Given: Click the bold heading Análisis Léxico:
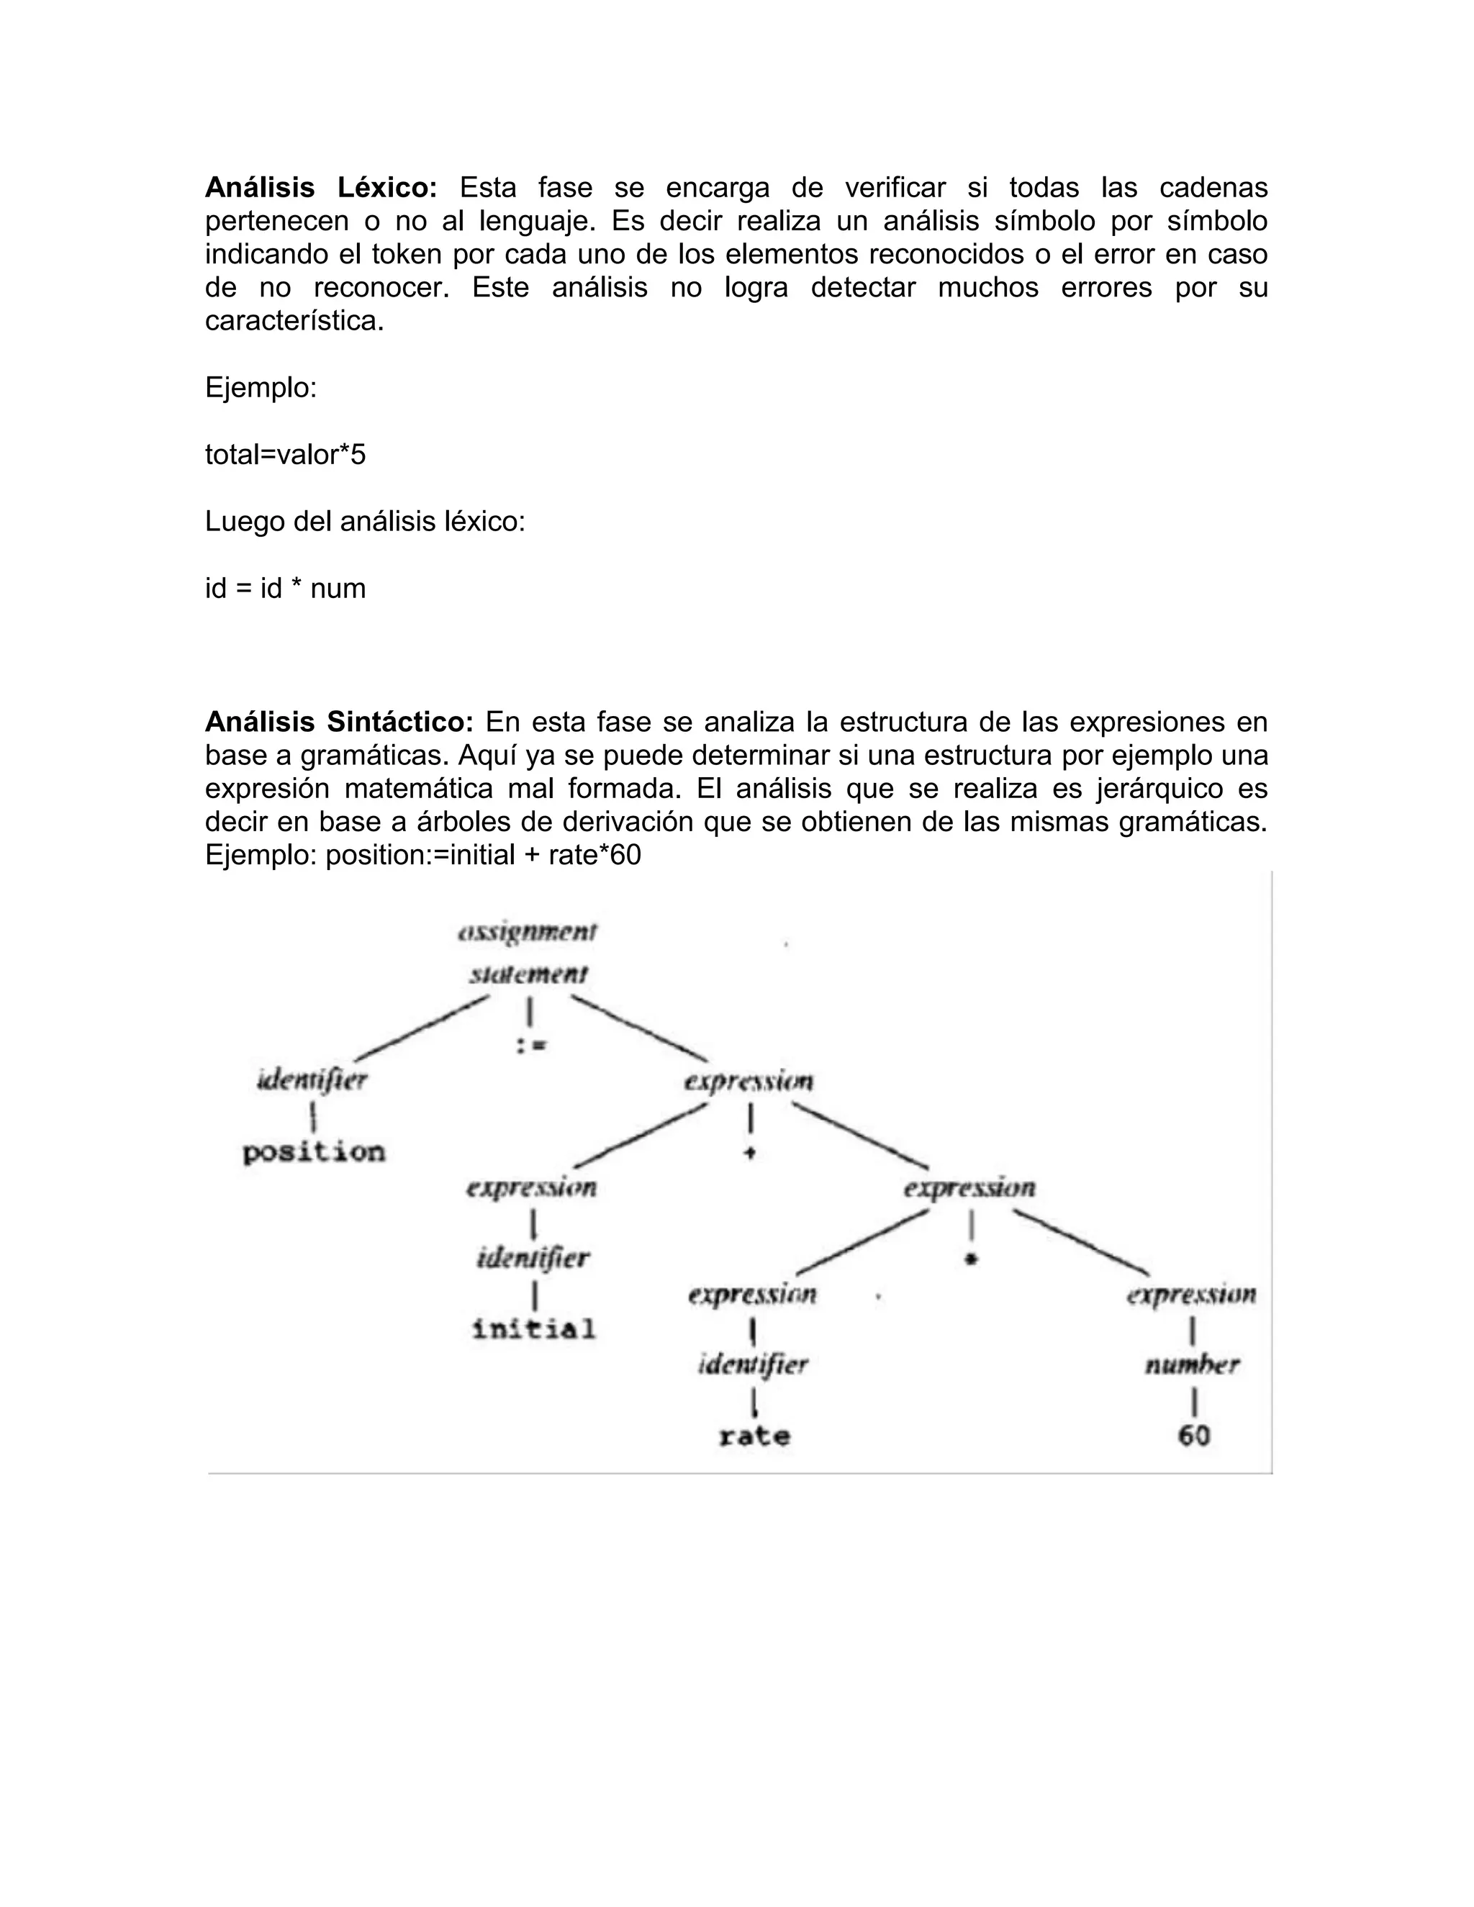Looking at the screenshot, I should point(320,188).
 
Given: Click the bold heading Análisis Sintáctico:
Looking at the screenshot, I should point(339,722).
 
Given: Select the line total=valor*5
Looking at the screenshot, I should point(285,455).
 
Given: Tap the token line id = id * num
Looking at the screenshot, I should point(285,589).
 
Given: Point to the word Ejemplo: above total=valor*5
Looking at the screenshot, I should point(261,388).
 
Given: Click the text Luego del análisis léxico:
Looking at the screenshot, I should point(365,522).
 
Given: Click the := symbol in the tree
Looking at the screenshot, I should point(530,1045).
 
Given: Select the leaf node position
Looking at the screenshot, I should point(314,1153).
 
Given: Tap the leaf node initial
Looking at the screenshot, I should point(533,1330).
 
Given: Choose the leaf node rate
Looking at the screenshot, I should point(754,1436).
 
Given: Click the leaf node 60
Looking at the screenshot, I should point(1194,1436).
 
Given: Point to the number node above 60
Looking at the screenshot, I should point(1192,1364).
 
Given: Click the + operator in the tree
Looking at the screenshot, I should point(750,1154).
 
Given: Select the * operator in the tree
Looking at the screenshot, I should point(970,1259).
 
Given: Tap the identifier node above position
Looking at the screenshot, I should point(312,1081).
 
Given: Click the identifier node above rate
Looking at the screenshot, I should point(753,1364).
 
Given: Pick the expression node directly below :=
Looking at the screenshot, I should point(749,1082).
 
